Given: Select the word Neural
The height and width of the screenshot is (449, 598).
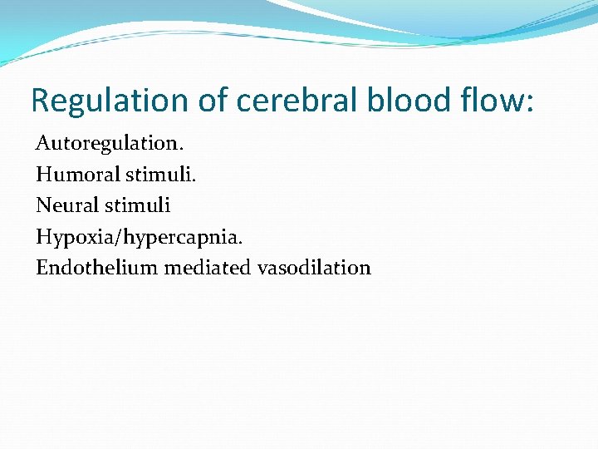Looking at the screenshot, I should pos(67,205).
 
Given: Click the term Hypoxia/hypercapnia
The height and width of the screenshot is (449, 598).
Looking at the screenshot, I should pos(140,237).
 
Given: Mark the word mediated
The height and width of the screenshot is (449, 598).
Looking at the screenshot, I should pos(208,268).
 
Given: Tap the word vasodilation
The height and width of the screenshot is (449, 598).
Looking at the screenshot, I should pos(314,268).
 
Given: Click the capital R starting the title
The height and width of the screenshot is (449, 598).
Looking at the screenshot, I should pos(40,101).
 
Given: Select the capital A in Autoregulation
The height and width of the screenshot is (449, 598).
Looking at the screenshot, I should pos(42,143).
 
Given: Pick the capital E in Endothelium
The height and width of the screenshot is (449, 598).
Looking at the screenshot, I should pos(42,268).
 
